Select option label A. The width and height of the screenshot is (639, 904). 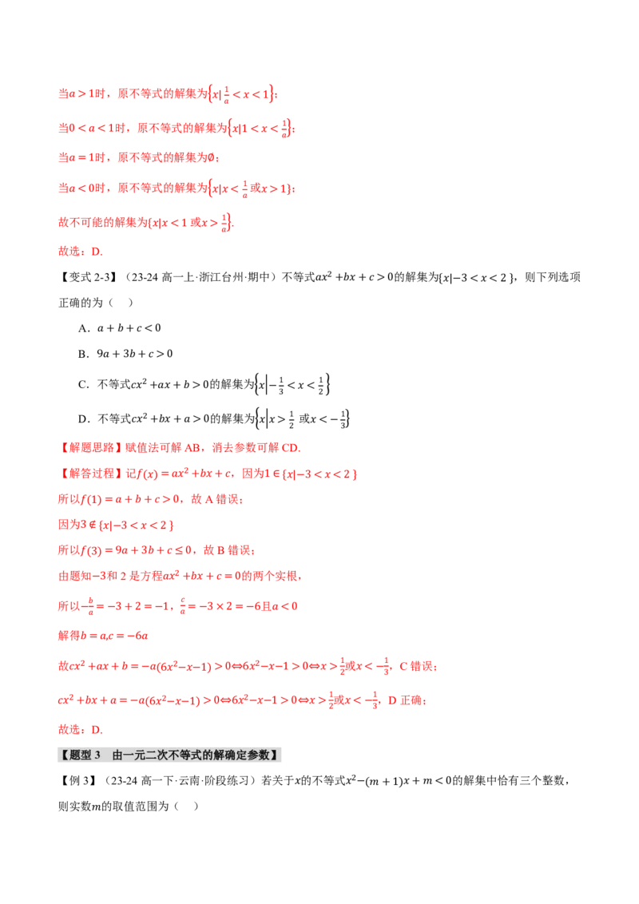(84, 328)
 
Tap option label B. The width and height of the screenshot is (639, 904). (84, 354)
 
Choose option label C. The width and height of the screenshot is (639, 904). (84, 385)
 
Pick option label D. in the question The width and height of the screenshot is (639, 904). (84, 419)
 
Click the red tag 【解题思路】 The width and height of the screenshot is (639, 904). (90, 448)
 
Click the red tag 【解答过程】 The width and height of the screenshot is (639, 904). (90, 474)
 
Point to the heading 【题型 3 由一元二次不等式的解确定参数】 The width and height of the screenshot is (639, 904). (169, 755)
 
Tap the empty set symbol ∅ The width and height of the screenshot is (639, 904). (211, 157)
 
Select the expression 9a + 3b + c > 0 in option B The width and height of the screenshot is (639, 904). (135, 354)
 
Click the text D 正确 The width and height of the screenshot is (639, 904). (406, 700)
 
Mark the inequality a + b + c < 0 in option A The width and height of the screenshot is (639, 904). (129, 328)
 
